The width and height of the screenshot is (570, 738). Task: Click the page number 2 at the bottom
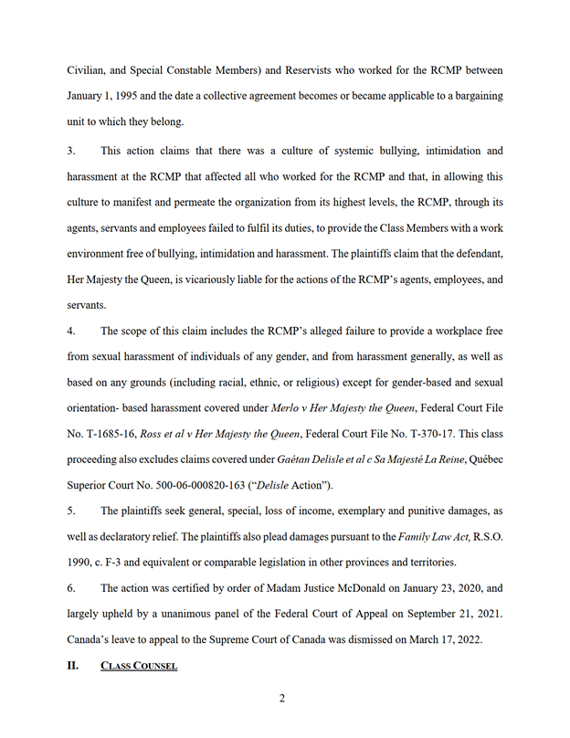282,700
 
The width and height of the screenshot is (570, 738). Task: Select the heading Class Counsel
139,666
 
